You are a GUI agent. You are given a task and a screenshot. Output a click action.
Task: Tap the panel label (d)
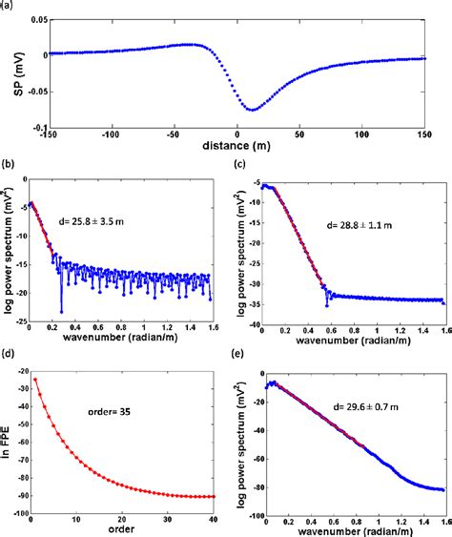pyautogui.click(x=9, y=354)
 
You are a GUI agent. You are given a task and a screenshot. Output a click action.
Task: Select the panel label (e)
pyautogui.click(x=249, y=354)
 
